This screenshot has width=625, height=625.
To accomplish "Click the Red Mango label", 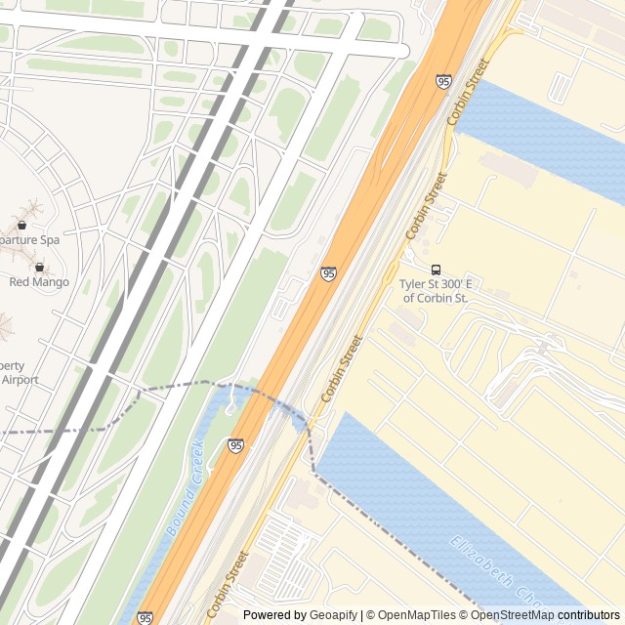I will coord(39,282).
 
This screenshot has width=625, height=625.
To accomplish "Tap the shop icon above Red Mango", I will coord(40,267).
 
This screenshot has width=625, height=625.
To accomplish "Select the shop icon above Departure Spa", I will coord(21,225).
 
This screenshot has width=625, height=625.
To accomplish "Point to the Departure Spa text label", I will coord(29,239).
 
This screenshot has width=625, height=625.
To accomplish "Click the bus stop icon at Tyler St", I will coord(436,270).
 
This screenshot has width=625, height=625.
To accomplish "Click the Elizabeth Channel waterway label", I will coord(493,569).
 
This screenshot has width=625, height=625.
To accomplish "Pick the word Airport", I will coord(20,379).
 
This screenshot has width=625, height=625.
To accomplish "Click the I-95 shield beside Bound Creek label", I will coord(235,446).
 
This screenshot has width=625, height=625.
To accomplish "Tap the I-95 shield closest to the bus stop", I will coord(328,274).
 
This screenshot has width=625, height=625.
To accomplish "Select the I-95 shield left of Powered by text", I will coord(145,617).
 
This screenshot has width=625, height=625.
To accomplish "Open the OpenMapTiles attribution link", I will coord(417,615).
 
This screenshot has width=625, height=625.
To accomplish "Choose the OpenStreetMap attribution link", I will coord(513,615).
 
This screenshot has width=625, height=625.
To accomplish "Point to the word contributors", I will coord(589,615).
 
